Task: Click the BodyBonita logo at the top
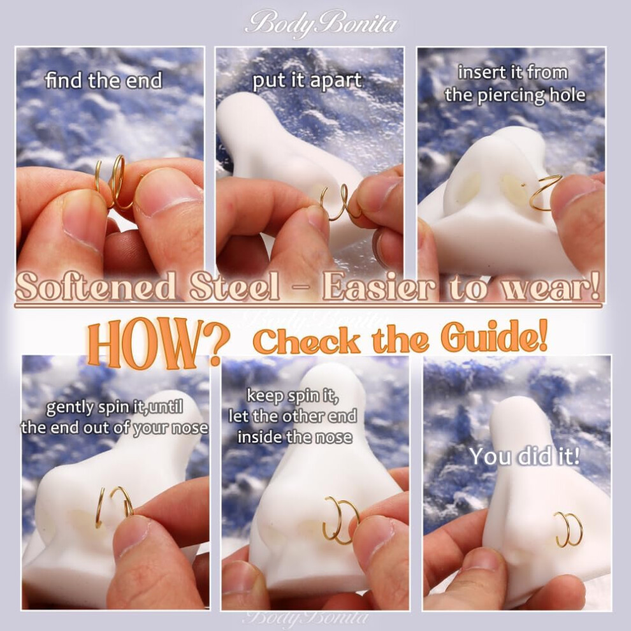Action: pos(321,24)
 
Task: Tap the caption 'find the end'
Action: pos(103,80)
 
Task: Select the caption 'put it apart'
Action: pos(307,81)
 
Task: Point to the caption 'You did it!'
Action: pos(525,456)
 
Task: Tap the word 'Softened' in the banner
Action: pos(96,286)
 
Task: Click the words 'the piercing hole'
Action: pos(515,96)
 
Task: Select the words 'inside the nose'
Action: pos(294,437)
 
